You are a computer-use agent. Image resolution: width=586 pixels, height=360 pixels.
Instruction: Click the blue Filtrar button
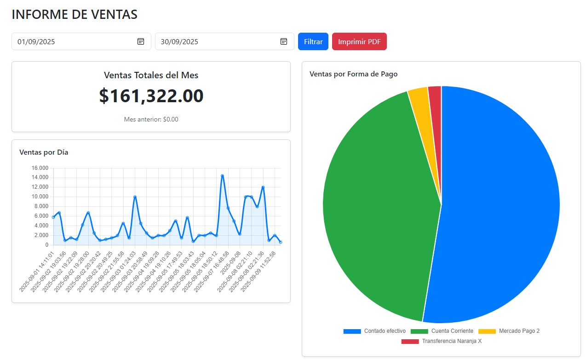[x=313, y=41]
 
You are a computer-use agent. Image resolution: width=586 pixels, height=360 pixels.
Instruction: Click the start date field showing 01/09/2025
[x=74, y=41]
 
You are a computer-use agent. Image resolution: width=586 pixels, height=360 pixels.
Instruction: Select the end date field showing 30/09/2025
[x=216, y=41]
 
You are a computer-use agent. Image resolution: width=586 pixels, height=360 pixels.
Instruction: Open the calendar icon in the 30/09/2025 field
[x=284, y=41]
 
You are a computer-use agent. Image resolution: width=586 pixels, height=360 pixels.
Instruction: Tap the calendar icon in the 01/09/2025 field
[x=141, y=41]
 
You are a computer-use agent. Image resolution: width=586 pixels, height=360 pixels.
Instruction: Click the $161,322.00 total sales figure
[x=151, y=96]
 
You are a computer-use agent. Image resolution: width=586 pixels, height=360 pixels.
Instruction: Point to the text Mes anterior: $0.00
[x=151, y=119]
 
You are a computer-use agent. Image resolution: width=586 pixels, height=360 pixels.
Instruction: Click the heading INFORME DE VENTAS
[x=75, y=14]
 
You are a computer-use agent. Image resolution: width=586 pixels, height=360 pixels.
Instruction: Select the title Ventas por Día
[x=44, y=152]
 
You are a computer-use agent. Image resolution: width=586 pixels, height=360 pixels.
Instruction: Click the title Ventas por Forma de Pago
[x=353, y=74]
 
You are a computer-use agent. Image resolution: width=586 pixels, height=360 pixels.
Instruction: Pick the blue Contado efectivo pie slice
[x=501, y=207]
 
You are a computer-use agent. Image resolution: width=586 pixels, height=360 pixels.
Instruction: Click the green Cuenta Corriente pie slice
[x=377, y=207]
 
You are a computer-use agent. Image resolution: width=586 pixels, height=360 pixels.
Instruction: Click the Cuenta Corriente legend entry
[x=442, y=331]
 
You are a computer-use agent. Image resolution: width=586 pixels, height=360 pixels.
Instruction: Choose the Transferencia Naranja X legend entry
[x=442, y=341]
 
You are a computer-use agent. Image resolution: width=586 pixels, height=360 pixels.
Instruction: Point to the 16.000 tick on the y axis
[x=40, y=168]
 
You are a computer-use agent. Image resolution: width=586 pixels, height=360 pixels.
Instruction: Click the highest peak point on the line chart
[x=222, y=176]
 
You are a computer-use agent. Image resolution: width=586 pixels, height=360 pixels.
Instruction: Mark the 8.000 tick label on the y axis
[x=42, y=206]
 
